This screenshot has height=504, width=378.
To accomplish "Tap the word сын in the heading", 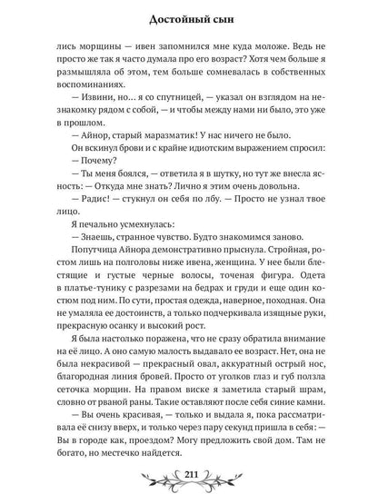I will tap(227, 17).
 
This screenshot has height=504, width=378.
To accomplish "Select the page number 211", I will tap(189, 480).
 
